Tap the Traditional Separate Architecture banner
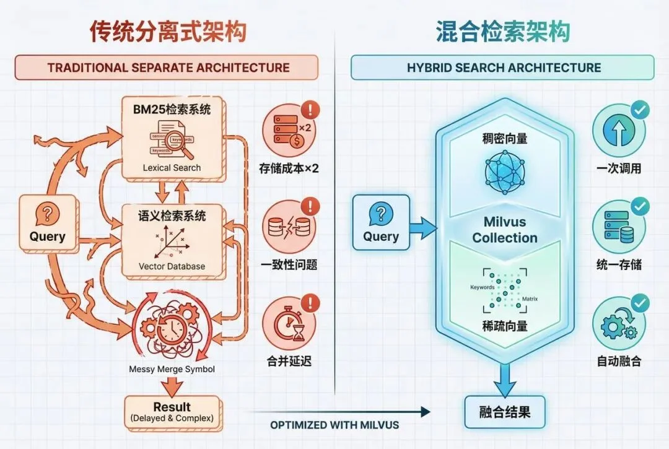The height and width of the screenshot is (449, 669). coord(168,68)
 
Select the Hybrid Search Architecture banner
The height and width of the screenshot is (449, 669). coord(503,68)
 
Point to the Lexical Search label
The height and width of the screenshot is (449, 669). coord(172,167)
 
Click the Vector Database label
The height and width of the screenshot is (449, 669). coord(172,266)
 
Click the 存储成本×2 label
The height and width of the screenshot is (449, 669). coord(289,168)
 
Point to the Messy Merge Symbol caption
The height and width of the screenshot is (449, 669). coord(172,369)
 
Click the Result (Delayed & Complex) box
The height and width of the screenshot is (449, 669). coord(172,412)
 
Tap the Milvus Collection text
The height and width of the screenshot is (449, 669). coord(505,230)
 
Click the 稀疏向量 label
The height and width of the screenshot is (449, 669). coord(505,326)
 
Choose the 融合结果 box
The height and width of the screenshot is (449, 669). coord(505,412)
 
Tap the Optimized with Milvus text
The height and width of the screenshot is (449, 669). coord(334,425)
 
